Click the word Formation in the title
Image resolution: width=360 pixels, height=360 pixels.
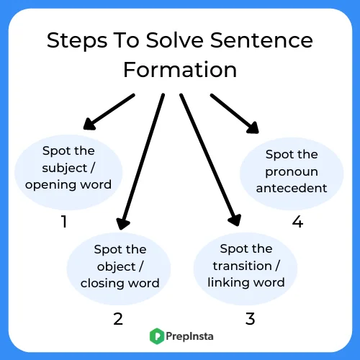180,70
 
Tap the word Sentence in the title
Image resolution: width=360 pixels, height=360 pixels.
261,40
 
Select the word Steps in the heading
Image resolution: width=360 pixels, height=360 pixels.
77,41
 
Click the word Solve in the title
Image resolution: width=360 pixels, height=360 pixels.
175,40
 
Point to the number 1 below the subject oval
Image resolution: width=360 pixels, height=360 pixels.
64,221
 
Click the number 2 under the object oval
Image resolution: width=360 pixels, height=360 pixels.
118,319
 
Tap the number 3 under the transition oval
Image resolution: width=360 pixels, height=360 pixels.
250,319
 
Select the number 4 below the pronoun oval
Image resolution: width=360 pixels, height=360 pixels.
297,221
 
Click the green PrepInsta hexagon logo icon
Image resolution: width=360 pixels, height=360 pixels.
157,336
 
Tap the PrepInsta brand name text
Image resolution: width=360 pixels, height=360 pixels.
189,336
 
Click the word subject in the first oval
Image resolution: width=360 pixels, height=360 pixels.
65,168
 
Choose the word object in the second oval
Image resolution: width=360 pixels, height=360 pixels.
117,267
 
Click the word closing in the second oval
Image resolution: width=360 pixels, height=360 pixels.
102,284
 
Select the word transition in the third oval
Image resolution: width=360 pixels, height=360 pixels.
243,266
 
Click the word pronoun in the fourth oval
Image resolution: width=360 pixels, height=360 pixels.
292,172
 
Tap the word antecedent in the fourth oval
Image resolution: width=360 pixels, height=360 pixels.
292,188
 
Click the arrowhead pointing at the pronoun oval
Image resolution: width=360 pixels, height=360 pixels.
253,127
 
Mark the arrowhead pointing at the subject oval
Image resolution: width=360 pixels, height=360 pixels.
89,125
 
